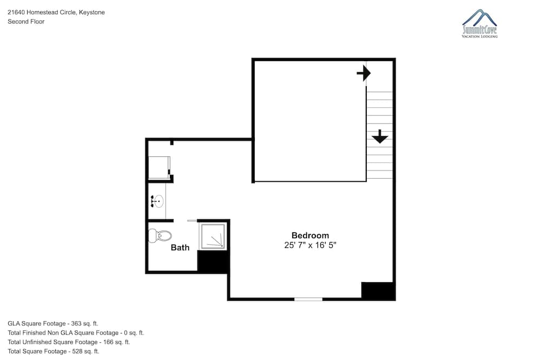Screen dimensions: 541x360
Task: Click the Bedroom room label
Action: tap(310, 235)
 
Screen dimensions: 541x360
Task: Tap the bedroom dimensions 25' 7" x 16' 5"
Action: tap(310, 245)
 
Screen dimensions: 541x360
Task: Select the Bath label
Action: tap(180, 247)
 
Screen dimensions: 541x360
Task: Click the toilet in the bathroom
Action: tap(160, 235)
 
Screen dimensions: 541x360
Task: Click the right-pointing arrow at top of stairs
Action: tap(364, 73)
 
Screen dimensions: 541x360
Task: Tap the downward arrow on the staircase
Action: tap(380, 136)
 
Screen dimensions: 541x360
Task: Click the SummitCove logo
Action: tap(479, 23)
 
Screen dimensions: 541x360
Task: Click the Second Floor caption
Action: tap(26, 22)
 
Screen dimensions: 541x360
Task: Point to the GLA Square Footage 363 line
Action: tap(53, 324)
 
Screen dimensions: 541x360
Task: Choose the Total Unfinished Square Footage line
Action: tap(69, 342)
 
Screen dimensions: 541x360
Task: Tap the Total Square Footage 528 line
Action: tap(54, 351)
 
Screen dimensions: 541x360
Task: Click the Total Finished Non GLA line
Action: tap(76, 333)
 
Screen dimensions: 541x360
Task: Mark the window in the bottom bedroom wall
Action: tap(308, 299)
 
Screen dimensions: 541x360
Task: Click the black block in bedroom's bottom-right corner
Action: tap(377, 290)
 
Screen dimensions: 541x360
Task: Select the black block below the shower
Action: tap(212, 261)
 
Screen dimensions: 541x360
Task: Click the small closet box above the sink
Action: tap(159, 168)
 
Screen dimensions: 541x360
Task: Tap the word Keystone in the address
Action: tap(92, 12)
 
